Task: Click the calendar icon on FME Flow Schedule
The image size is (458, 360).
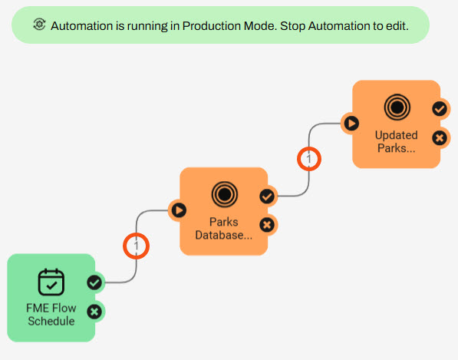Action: click(x=51, y=282)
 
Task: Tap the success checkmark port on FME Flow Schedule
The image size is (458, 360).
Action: click(x=94, y=282)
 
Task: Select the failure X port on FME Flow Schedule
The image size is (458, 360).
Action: click(x=94, y=312)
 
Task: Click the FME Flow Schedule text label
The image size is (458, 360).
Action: click(x=51, y=315)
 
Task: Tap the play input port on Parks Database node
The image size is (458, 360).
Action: click(x=179, y=210)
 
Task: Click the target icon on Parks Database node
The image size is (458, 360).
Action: click(x=225, y=194)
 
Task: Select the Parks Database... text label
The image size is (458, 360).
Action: click(x=224, y=229)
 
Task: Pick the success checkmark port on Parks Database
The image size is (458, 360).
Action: click(x=267, y=196)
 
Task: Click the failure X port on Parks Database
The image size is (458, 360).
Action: click(x=267, y=225)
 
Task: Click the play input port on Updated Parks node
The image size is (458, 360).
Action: click(x=351, y=124)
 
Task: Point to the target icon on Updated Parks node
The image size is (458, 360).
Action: click(x=397, y=107)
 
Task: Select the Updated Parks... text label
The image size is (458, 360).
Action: click(x=397, y=141)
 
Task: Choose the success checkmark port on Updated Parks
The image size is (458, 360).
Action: click(x=440, y=109)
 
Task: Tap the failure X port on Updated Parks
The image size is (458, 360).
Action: click(x=440, y=138)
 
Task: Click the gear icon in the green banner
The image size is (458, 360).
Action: click(x=39, y=25)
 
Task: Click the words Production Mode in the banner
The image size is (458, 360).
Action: click(x=229, y=26)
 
